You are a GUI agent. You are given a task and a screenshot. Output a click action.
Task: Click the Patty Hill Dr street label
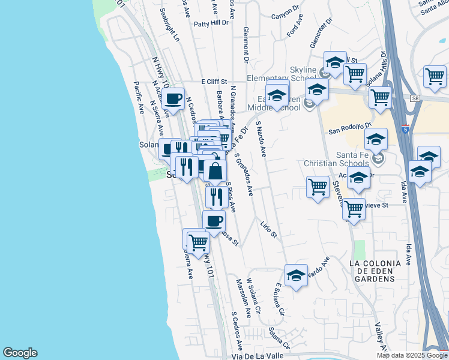pos(212,23)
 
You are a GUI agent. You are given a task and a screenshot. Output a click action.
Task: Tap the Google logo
pos(20,353)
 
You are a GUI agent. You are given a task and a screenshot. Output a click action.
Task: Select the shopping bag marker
pos(215,171)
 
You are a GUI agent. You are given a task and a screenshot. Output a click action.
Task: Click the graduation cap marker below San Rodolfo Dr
pos(376,139)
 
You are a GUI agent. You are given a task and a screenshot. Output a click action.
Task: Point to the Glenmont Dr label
pos(246,44)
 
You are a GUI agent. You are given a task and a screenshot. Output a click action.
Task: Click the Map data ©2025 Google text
pos(412,355)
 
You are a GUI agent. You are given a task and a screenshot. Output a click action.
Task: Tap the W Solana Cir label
pos(255,300)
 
